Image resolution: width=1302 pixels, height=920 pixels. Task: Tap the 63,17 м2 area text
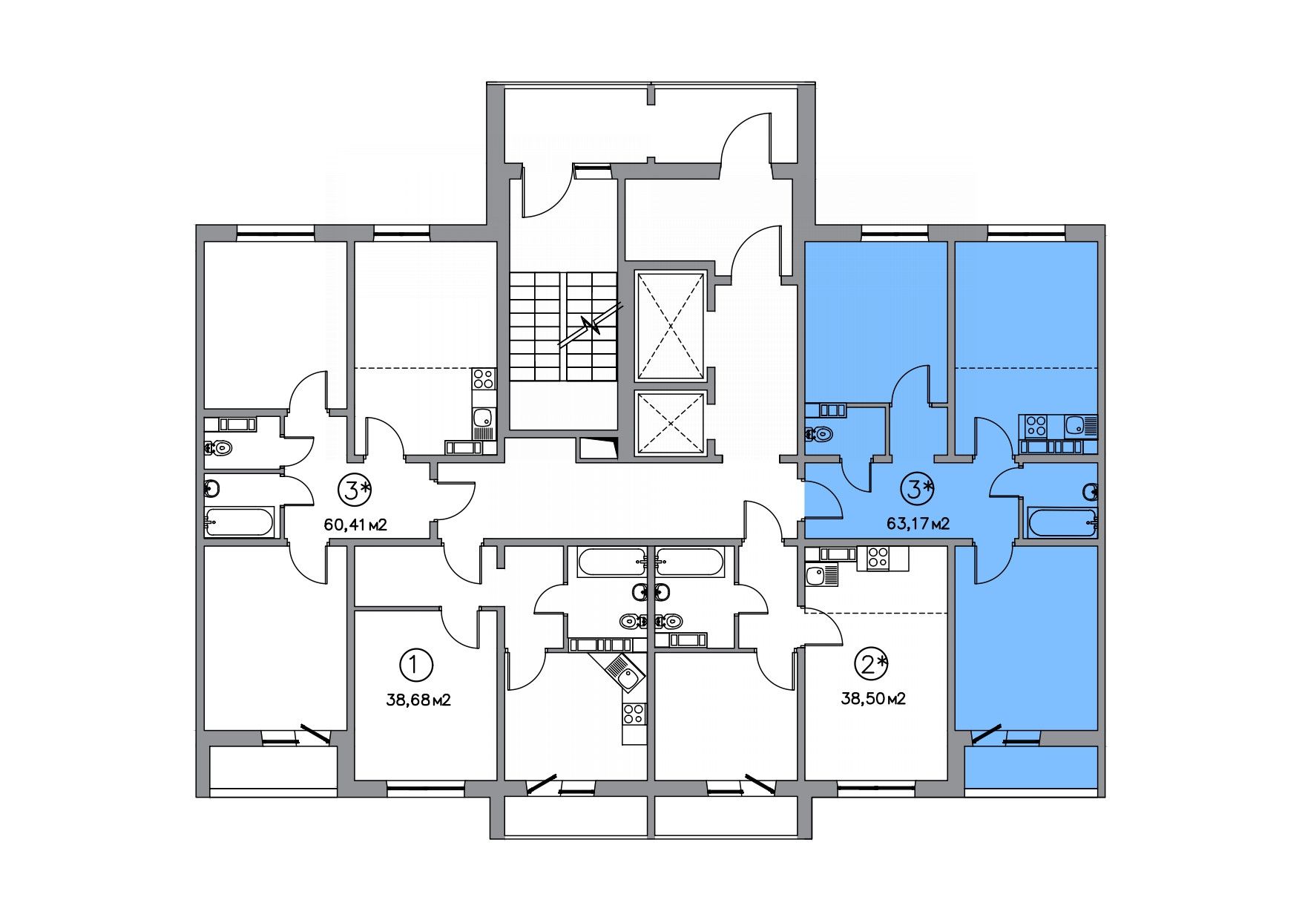pos(918,524)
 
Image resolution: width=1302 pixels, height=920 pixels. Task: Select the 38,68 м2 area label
pos(419,699)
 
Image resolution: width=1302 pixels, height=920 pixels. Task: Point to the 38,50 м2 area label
pos(873,698)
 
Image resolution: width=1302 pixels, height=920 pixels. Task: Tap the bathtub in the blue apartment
pos(1062,522)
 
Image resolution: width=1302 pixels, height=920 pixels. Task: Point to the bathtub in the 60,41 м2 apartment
pos(239,522)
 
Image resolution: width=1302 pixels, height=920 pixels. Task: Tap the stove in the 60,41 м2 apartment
pos(484,379)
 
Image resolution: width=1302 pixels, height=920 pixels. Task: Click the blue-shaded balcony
pos(1030,767)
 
